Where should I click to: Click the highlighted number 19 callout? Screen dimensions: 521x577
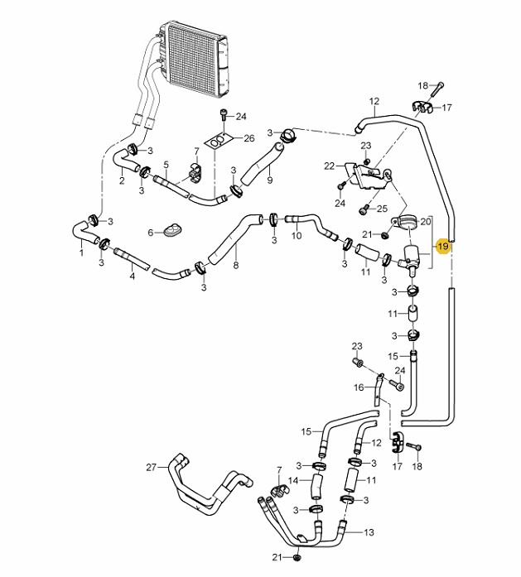(x=442, y=246)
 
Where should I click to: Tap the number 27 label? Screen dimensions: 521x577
(x=152, y=468)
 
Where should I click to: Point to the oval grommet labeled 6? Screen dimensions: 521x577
(x=172, y=229)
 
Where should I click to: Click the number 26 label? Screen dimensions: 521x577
(x=249, y=138)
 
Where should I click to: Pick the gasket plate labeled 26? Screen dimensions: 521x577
(x=219, y=140)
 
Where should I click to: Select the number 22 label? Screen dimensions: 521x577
(x=329, y=166)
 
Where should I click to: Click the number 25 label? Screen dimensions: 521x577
(x=383, y=209)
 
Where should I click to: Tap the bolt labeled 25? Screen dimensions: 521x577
(x=364, y=209)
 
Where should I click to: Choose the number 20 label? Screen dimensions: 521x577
(x=425, y=222)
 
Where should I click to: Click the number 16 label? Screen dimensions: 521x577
(x=359, y=387)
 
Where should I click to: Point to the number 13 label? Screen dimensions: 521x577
(x=369, y=532)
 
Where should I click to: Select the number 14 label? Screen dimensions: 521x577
(x=293, y=481)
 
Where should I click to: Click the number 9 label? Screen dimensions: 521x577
(x=270, y=180)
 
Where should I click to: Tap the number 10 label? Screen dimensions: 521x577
(x=297, y=235)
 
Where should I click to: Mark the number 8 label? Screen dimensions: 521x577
(x=235, y=265)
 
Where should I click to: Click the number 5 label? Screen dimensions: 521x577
(x=166, y=164)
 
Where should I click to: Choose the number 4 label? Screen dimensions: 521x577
(x=133, y=276)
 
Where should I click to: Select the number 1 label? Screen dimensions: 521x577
(x=81, y=252)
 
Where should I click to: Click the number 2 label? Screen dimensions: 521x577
(x=122, y=180)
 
